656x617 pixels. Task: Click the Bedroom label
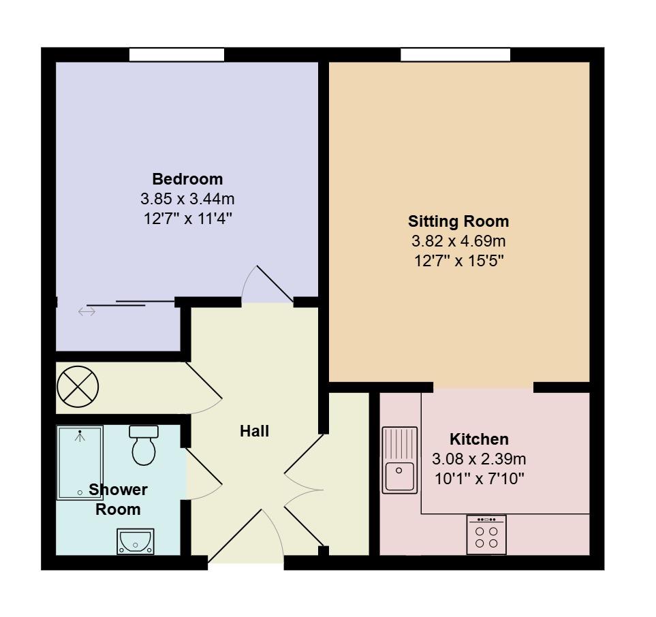point(187,179)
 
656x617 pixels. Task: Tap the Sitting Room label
point(458,221)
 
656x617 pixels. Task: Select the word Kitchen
point(479,439)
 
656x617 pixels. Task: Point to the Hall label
point(254,431)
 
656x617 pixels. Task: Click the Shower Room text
point(118,499)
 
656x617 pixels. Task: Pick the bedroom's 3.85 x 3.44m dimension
point(187,199)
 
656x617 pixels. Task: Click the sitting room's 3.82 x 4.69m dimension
point(458,241)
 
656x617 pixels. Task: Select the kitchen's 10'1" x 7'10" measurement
point(479,479)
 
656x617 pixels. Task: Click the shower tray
point(80,463)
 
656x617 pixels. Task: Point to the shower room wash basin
point(136,541)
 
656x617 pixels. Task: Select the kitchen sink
point(399,460)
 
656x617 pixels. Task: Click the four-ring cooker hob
point(486,534)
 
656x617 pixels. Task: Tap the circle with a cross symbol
point(78,387)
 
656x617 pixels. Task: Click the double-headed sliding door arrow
point(87,312)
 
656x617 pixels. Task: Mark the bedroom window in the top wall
point(177,54)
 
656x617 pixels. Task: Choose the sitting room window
point(455,54)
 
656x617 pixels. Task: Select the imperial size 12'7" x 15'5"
point(458,261)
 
